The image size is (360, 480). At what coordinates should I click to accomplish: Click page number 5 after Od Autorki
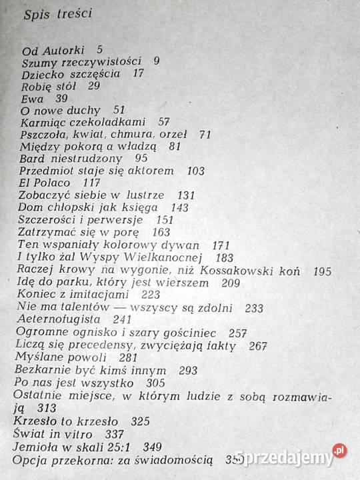pos(99,49)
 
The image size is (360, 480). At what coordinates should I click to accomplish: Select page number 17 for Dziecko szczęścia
pos(138,73)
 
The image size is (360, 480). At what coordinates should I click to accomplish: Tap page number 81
pos(176,146)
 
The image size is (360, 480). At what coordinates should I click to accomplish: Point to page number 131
pos(186,195)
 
